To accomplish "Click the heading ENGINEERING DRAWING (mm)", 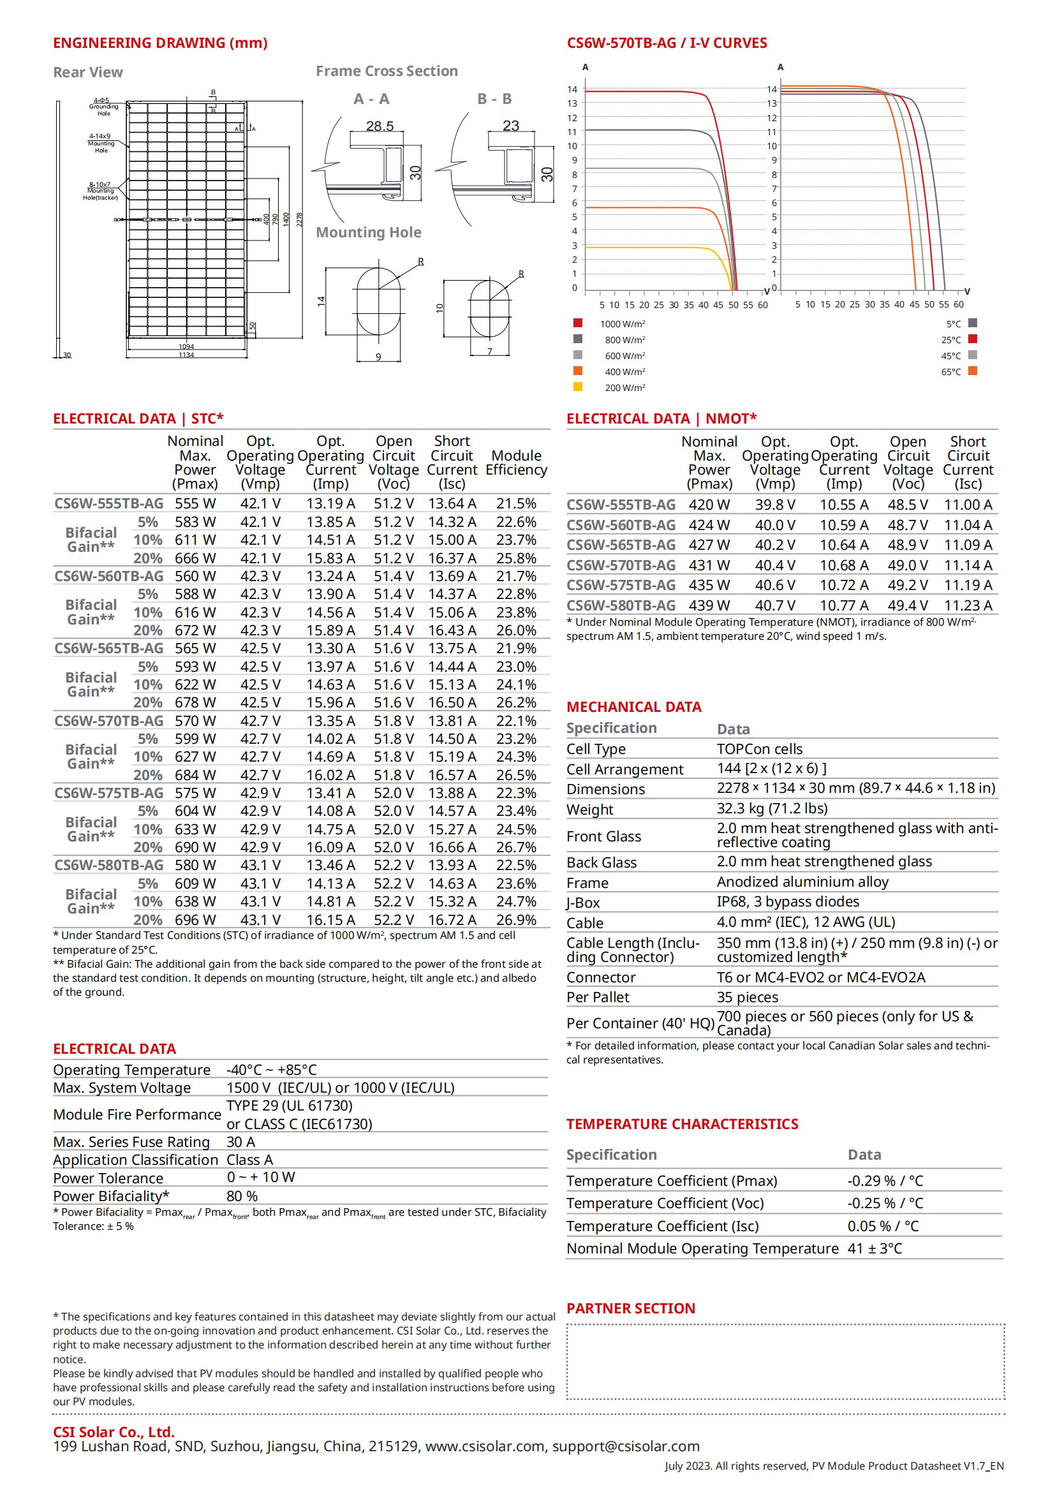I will pos(160,43).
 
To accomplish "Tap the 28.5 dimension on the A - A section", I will pos(380,126).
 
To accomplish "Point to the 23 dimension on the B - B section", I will pos(511,126).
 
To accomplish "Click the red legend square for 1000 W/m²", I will pos(577,323).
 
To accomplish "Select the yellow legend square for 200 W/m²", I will pos(577,387).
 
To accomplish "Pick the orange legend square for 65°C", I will pos(973,371).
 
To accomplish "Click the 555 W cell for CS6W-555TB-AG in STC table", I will pos(195,504).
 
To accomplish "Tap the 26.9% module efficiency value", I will pos(516,920).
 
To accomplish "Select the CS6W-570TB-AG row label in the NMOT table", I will pos(621,565).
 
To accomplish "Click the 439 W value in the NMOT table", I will pos(709,605).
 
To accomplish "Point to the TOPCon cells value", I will pos(760,750).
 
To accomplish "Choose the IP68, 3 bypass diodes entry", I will pos(787,901).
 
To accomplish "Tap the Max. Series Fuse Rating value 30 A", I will pos(240,1142).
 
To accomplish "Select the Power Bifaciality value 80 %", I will pos(242,1195).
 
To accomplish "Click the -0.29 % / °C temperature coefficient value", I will pos(885,1181).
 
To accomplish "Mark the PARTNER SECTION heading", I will pos(630,1308).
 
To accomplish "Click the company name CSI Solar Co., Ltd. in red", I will pos(114,1431).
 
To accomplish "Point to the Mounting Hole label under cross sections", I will pos(368,233).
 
